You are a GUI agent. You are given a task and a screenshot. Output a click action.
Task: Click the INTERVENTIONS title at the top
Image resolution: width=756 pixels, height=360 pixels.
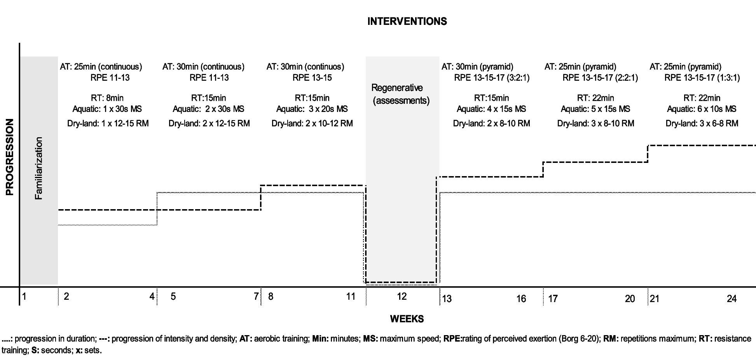(x=407, y=21)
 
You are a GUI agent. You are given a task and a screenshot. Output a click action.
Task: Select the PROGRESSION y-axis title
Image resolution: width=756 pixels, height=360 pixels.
(x=10, y=157)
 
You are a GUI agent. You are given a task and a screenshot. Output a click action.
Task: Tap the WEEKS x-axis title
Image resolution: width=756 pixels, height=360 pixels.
(x=407, y=319)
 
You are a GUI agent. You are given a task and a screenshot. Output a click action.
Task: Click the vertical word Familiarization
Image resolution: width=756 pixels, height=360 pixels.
(x=38, y=168)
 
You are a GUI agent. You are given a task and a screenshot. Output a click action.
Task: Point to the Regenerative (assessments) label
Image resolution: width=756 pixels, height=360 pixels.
(x=401, y=94)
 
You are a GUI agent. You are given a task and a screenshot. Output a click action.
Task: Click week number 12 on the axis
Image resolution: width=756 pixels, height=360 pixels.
(x=402, y=297)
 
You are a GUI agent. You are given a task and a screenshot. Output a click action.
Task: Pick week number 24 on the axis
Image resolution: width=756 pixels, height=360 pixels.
(x=732, y=299)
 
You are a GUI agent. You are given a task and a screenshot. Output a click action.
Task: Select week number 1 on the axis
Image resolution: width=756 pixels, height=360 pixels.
(x=24, y=297)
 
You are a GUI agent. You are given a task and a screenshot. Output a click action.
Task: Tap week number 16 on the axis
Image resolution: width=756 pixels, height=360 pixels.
(x=521, y=299)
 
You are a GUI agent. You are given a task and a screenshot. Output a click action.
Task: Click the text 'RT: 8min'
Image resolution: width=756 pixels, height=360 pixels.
(x=107, y=98)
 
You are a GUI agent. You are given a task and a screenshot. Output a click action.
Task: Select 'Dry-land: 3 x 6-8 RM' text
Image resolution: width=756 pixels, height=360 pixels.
(x=702, y=124)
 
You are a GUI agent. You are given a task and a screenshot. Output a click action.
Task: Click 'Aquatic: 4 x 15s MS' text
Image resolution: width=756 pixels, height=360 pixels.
(x=491, y=109)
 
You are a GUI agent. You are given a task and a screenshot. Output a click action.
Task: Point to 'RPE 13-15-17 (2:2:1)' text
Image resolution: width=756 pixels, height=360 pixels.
(x=600, y=78)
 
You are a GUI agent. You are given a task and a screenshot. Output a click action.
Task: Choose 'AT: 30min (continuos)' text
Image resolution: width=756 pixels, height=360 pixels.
(x=305, y=67)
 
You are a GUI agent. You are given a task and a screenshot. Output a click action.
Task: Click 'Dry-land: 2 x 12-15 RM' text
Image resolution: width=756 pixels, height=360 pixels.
(x=209, y=124)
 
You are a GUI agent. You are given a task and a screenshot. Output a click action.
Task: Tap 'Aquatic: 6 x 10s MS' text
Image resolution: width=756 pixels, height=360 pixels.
(x=702, y=109)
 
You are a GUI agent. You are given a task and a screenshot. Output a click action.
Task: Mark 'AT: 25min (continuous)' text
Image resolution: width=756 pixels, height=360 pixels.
(x=101, y=67)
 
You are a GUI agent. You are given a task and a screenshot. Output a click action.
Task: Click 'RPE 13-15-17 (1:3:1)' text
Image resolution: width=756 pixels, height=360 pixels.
(x=702, y=78)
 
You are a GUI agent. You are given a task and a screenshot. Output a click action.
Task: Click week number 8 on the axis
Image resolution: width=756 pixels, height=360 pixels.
(x=271, y=297)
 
